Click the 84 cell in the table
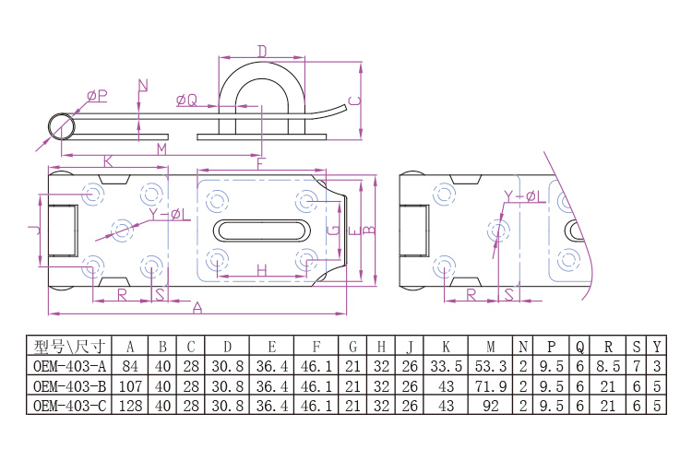pos(131,366)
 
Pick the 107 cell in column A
pos(131,385)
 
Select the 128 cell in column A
pos(131,405)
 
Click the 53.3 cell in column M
pos(491,366)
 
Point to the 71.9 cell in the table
pos(491,385)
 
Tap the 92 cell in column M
pos(491,405)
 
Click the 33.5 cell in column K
pos(446,366)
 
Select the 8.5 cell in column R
pos(607,366)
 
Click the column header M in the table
pos(491,347)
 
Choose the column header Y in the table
pos(656,347)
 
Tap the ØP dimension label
pos(97,95)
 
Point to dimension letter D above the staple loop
pos(262,50)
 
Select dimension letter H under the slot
pos(262,270)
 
